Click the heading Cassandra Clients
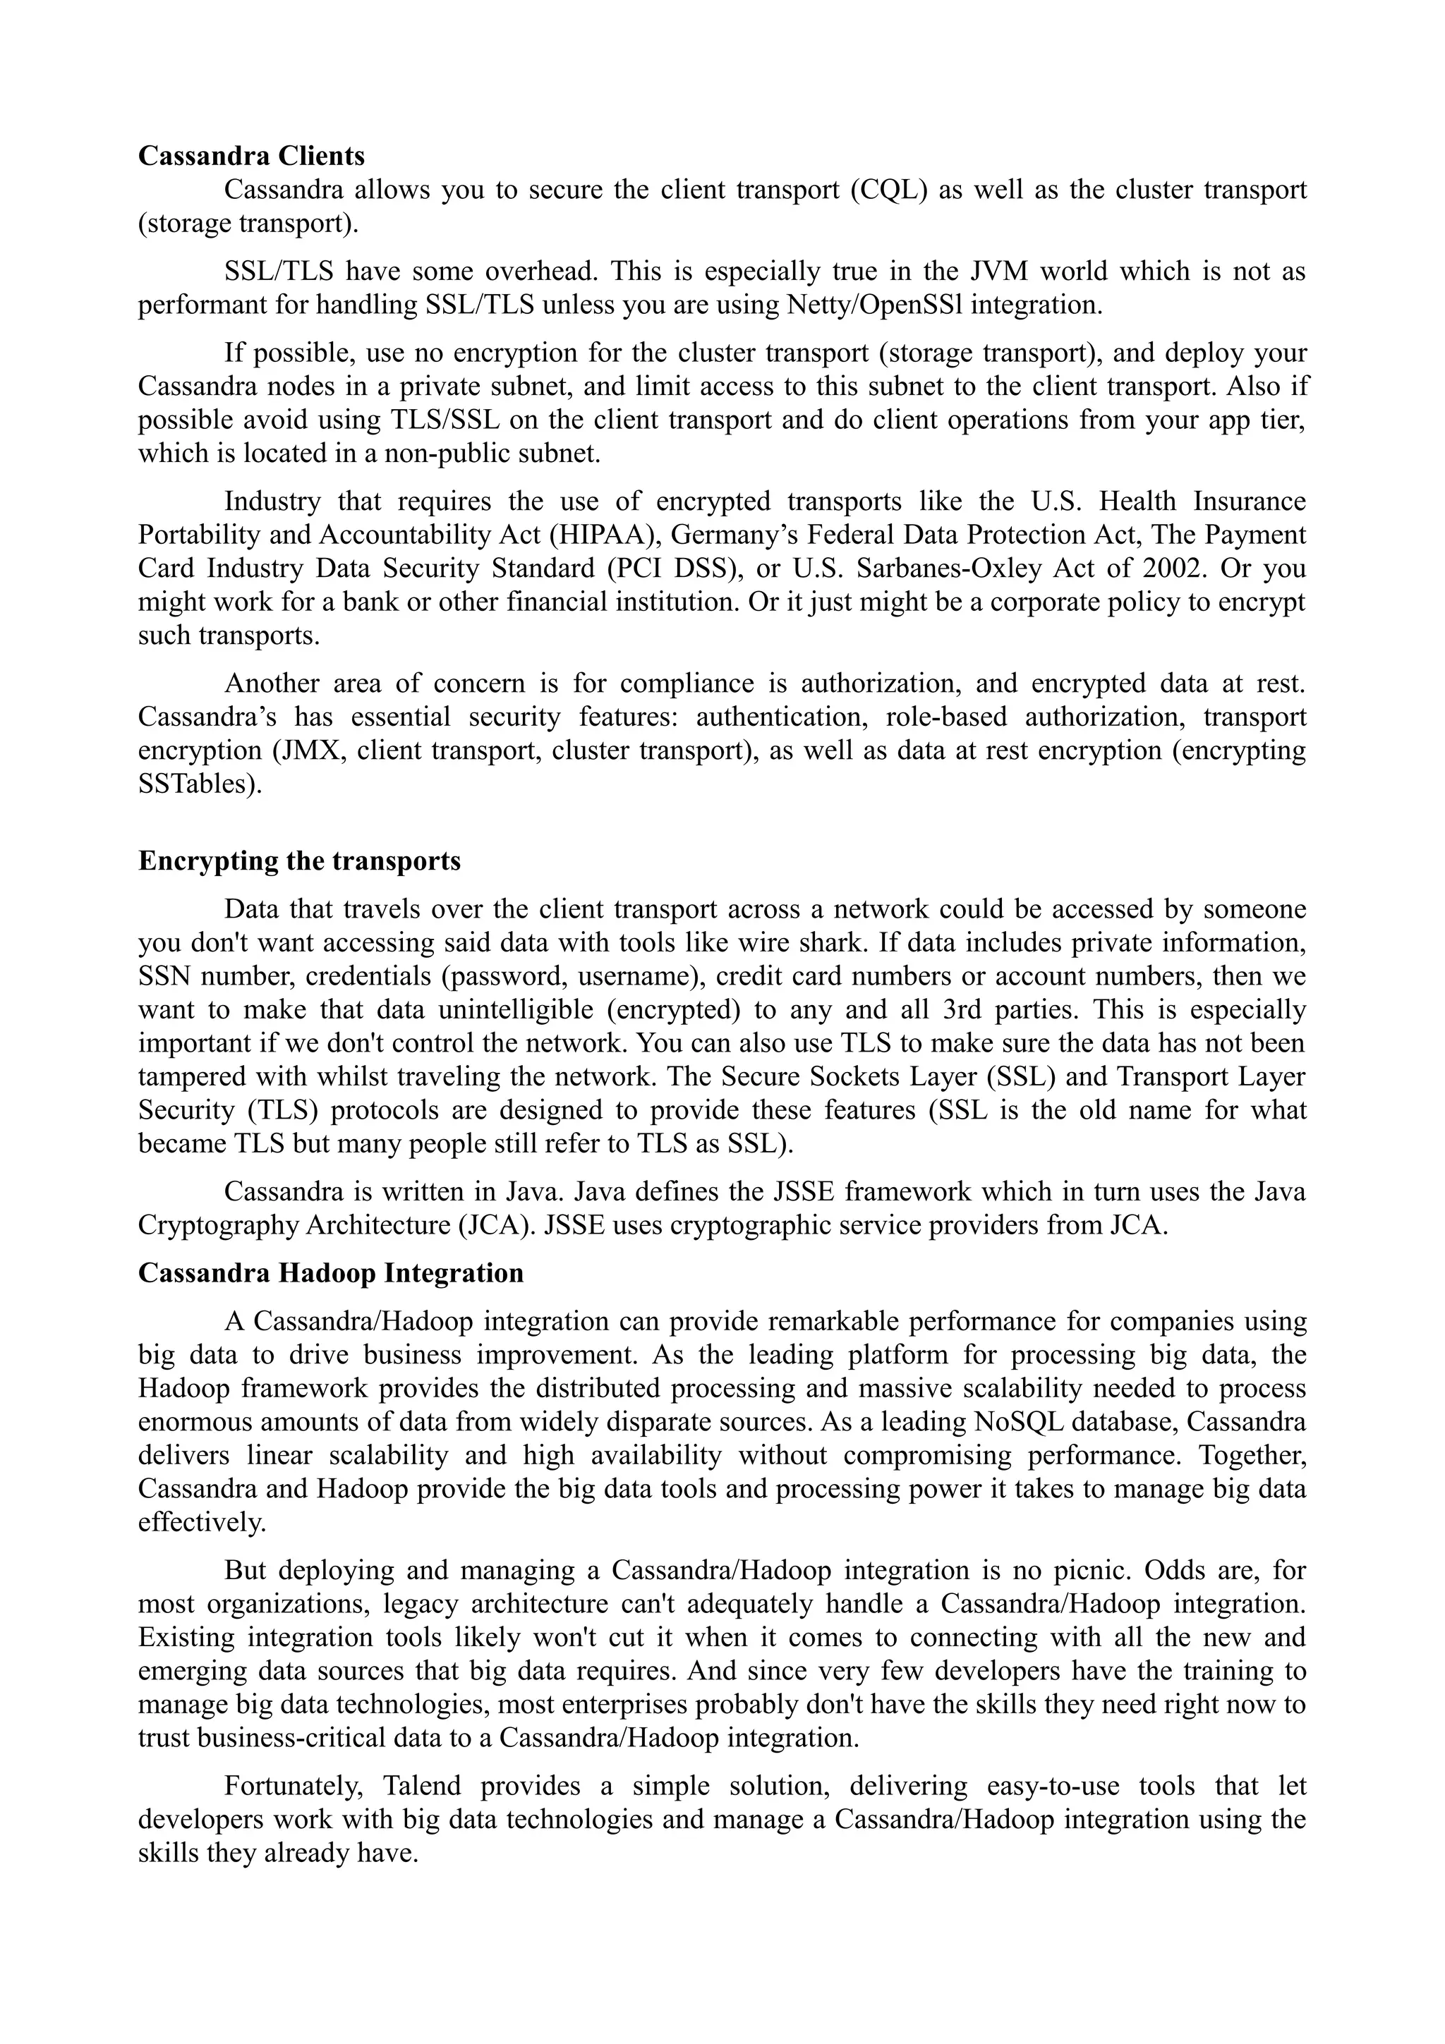click(251, 156)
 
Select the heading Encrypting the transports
click(299, 861)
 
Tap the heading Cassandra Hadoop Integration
click(330, 1273)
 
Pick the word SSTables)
click(200, 784)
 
